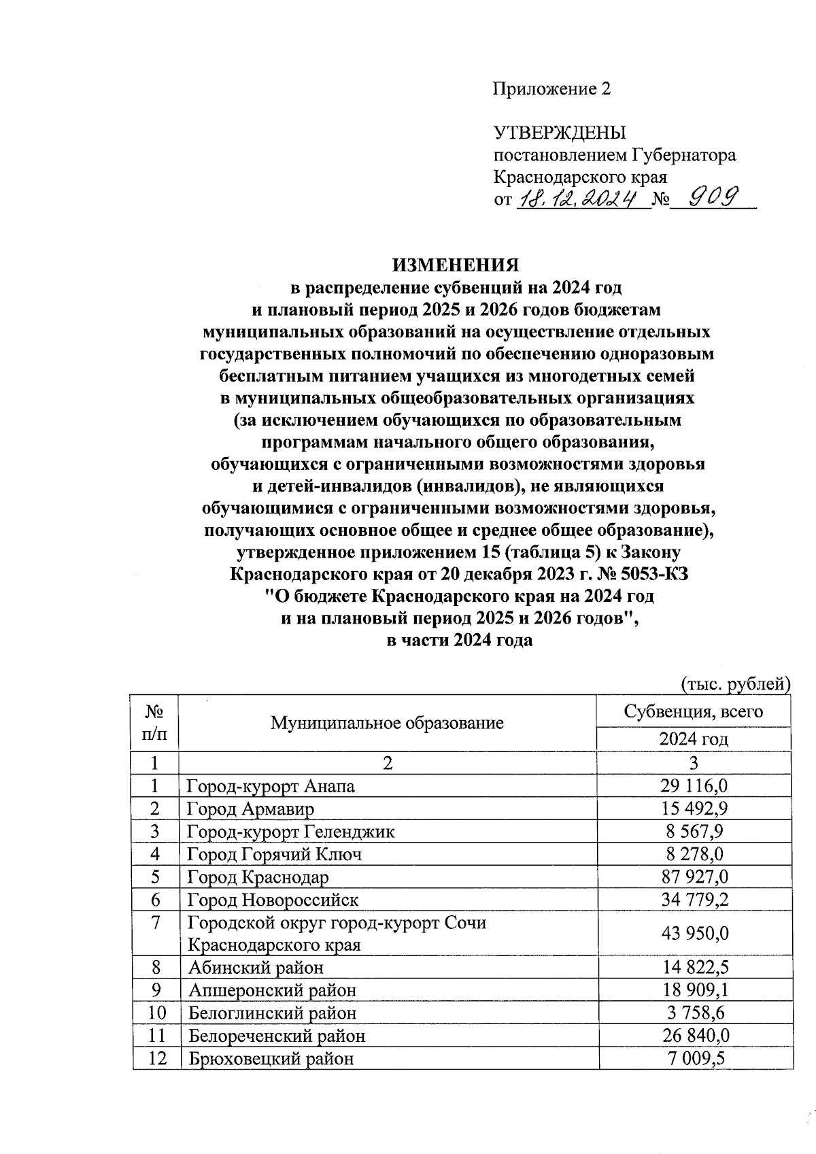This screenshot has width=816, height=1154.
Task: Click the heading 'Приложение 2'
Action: (x=551, y=89)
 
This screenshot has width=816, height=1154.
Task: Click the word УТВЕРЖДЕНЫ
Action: (x=559, y=133)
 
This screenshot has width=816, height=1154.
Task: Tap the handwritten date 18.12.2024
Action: (x=582, y=199)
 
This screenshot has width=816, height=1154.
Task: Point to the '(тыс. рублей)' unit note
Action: (x=736, y=683)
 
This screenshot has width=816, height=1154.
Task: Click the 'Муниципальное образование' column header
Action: (x=387, y=723)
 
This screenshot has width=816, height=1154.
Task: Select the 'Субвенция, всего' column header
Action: (x=694, y=711)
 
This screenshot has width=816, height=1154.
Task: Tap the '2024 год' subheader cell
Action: (x=694, y=739)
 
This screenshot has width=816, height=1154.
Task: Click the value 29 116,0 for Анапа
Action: (x=694, y=786)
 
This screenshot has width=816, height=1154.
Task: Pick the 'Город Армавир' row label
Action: (x=251, y=809)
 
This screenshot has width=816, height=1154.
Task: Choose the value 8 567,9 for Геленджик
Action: (x=694, y=832)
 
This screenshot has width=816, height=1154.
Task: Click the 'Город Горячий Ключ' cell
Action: (x=274, y=854)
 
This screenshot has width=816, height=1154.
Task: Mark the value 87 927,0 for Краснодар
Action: (x=694, y=877)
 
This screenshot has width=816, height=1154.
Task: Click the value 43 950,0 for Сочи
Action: (x=694, y=934)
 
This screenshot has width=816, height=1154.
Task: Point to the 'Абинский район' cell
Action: (x=256, y=967)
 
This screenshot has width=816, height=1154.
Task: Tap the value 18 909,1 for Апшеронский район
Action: (x=694, y=989)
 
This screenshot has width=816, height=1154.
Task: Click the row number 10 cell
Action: (x=156, y=1013)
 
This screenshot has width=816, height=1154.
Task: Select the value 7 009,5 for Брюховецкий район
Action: (x=694, y=1058)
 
